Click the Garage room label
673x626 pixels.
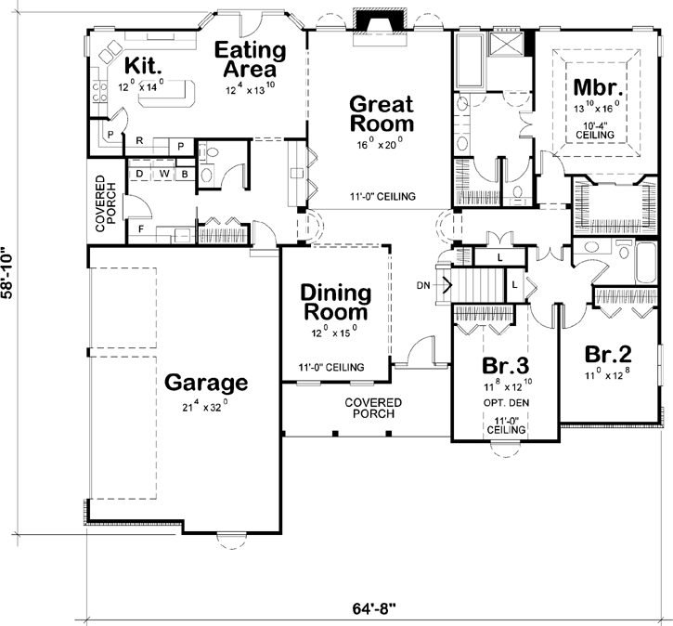click(206, 382)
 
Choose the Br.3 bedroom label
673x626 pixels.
click(503, 364)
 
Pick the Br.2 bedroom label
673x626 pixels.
click(607, 354)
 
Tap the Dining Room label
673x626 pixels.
click(335, 302)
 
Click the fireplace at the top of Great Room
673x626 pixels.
click(381, 20)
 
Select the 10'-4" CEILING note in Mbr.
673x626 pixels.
click(595, 129)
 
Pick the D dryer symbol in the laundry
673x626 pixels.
click(139, 174)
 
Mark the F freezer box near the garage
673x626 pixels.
click(140, 228)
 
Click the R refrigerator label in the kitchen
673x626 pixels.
click(138, 141)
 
